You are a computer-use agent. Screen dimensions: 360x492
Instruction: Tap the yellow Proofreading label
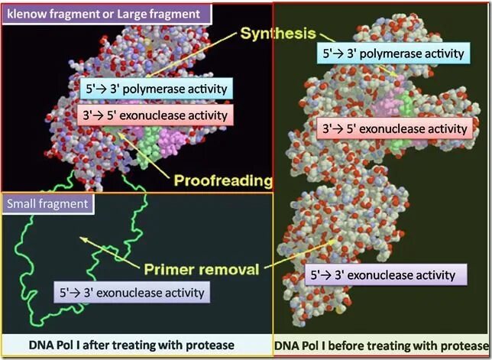(x=224, y=180)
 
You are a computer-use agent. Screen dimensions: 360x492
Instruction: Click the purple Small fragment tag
(x=47, y=203)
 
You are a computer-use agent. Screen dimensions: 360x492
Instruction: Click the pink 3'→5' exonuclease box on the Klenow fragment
(x=154, y=115)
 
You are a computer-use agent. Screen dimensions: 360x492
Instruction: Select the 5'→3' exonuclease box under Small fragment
(x=132, y=292)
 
